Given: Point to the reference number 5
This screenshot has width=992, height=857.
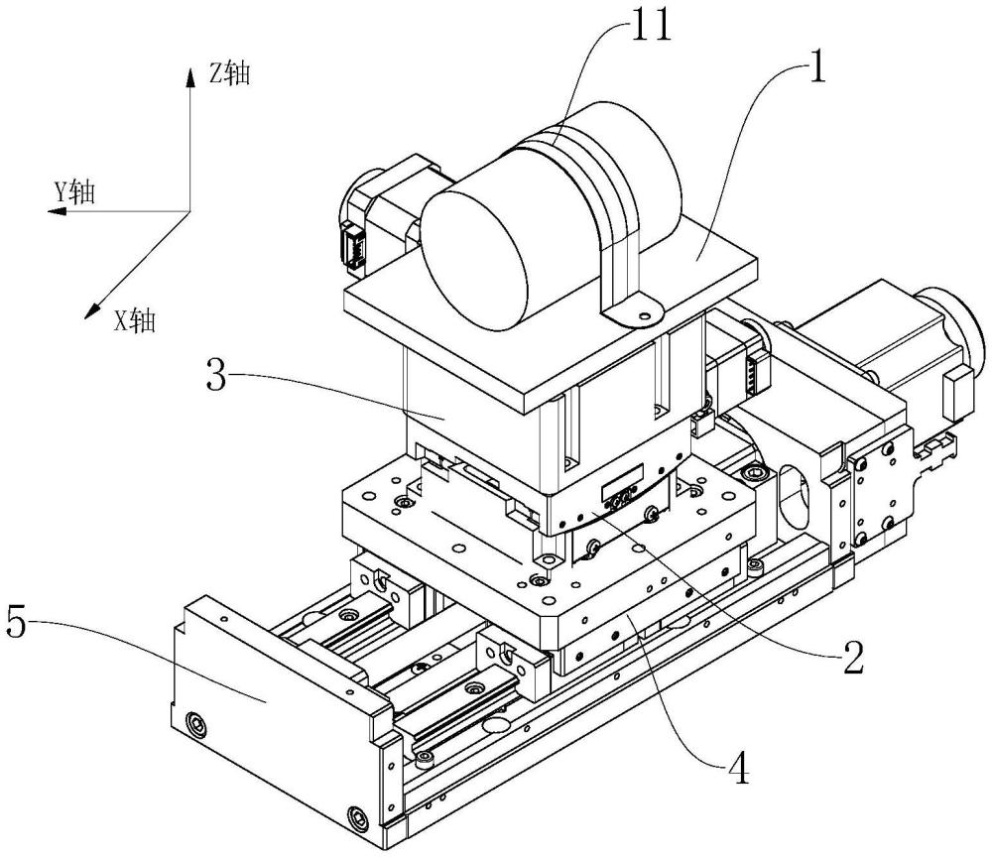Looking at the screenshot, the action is (x=18, y=622).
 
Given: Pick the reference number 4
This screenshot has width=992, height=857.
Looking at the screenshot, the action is (x=738, y=769).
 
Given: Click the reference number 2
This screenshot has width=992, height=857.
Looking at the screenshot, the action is (x=851, y=658).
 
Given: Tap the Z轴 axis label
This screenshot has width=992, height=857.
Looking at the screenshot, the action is (x=230, y=74).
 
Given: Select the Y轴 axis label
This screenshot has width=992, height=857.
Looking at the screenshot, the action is (x=74, y=191).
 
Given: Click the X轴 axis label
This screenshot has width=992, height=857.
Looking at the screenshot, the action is (x=134, y=320).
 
